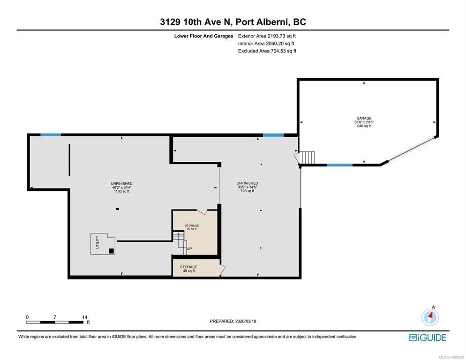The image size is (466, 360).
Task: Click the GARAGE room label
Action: [x=364, y=118]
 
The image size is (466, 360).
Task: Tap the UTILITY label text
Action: [x=97, y=242]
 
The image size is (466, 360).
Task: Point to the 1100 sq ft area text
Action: [x=121, y=191]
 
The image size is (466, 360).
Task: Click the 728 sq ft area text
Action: [x=247, y=191]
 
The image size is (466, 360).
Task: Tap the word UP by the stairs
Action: [x=189, y=249]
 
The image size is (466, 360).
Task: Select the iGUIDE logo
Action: [x=428, y=337]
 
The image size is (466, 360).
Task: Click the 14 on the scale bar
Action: [x=85, y=317]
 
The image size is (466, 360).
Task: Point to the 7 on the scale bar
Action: [x=55, y=317]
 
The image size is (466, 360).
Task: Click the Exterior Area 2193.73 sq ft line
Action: [x=267, y=36]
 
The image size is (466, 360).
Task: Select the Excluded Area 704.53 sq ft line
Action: [x=267, y=51]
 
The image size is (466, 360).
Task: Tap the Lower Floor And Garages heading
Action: [x=203, y=36]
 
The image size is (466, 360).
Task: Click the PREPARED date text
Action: [x=233, y=321]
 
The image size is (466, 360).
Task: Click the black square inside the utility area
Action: [x=111, y=251]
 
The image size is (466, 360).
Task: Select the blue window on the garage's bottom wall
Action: [x=339, y=165]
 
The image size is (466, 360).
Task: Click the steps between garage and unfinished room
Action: [x=307, y=157]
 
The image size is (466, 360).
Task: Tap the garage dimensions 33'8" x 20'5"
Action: [x=364, y=122]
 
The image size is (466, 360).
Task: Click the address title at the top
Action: [x=233, y=22]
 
